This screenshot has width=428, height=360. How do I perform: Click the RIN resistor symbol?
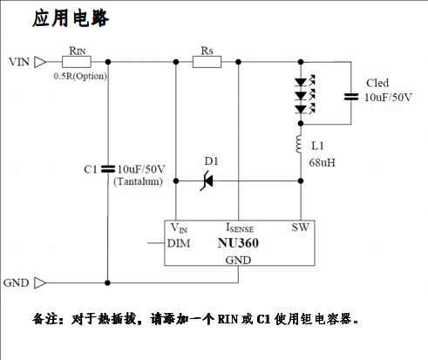pyautogui.click(x=77, y=62)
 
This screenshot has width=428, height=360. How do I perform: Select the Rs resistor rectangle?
pyautogui.click(x=207, y=62)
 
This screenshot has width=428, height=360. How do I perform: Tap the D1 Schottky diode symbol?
pyautogui.click(x=207, y=181)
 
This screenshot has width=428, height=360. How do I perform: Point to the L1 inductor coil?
pyautogui.click(x=299, y=144)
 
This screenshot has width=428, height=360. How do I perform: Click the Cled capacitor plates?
pyautogui.click(x=351, y=97)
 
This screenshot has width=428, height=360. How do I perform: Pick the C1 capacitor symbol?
pyautogui.click(x=108, y=169)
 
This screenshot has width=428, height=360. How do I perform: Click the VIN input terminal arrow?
pyautogui.click(x=40, y=62)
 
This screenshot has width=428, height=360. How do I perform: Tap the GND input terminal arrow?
pyautogui.click(x=40, y=282)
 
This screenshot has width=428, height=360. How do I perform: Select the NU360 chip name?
pyautogui.click(x=238, y=243)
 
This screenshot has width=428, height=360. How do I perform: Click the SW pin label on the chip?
pyautogui.click(x=301, y=228)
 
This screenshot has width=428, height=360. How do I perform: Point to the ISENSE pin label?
pyautogui.click(x=240, y=228)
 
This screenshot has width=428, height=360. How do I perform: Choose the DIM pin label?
pyautogui.click(x=179, y=243)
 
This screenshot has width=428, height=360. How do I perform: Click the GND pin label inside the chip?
pyautogui.click(x=238, y=260)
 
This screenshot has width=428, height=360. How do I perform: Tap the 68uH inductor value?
pyautogui.click(x=322, y=163)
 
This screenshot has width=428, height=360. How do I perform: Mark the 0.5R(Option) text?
pyautogui.click(x=80, y=76)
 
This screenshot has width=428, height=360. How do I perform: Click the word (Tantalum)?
pyautogui.click(x=138, y=181)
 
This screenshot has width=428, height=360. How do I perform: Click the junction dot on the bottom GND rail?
pyautogui.click(x=108, y=282)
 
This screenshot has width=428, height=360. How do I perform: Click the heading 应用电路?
pyautogui.click(x=71, y=18)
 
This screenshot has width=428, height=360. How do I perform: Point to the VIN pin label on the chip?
pyautogui.click(x=179, y=228)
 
